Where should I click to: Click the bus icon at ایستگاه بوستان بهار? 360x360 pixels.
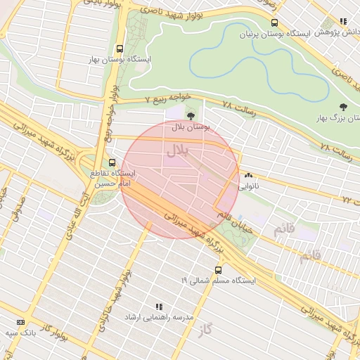pyautogui.click(x=120, y=49)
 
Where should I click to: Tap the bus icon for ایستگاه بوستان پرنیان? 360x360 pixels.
pyautogui.click(x=274, y=22)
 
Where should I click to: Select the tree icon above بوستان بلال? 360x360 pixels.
pyautogui.click(x=191, y=115)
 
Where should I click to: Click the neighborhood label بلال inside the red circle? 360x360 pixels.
pyautogui.click(x=176, y=149)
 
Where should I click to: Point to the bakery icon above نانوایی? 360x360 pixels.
pyautogui.click(x=248, y=176)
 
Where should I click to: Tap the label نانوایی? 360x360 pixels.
pyautogui.click(x=248, y=187)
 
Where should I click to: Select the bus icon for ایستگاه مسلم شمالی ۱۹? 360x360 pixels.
pyautogui.click(x=218, y=269)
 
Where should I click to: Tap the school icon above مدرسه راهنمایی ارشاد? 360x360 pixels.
pyautogui.click(x=158, y=307)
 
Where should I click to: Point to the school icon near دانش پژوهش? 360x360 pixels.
pyautogui.click(x=342, y=22)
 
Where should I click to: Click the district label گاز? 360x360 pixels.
pyautogui.click(x=205, y=330)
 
